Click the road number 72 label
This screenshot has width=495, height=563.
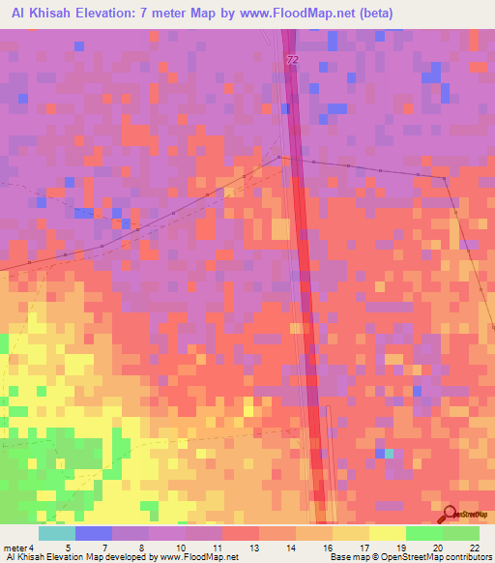coord(292,60)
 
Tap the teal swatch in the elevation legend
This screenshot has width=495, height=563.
coord(57,533)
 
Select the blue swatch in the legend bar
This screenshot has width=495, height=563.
coord(94,533)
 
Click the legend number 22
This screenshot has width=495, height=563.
coord(473,548)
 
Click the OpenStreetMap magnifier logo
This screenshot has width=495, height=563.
coord(450,514)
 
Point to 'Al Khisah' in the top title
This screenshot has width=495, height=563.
coord(35,13)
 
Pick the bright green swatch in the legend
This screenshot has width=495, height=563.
coord(424,533)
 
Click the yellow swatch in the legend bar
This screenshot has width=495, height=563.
coord(388,533)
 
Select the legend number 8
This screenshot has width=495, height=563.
coord(143,548)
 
